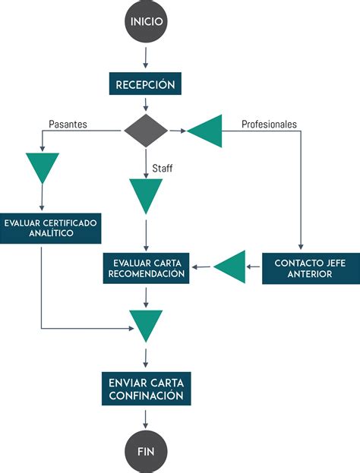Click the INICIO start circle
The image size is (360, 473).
pyautogui.click(x=146, y=22)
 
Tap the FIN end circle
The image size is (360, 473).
pyautogui.click(x=146, y=450)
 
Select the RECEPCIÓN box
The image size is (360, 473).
pyautogui.click(x=146, y=84)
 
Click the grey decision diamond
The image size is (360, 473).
pyautogui.click(x=146, y=131)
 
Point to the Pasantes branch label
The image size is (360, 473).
pyautogui.click(x=68, y=123)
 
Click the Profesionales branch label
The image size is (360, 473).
pyautogui.click(x=269, y=123)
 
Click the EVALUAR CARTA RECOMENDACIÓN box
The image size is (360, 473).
pyautogui.click(x=146, y=267)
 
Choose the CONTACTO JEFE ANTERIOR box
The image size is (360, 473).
pyautogui.click(x=300, y=267)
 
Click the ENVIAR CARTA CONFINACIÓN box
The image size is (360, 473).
pyautogui.click(x=146, y=388)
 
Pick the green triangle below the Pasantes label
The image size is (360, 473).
pyautogui.click(x=42, y=166)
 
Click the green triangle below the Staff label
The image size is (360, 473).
pyautogui.click(x=146, y=194)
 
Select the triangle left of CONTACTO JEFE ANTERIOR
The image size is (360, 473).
pyautogui.click(x=231, y=266)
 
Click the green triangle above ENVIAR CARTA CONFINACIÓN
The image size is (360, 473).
pyautogui.click(x=146, y=323)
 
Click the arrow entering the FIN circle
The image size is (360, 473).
pyautogui.click(x=146, y=419)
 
